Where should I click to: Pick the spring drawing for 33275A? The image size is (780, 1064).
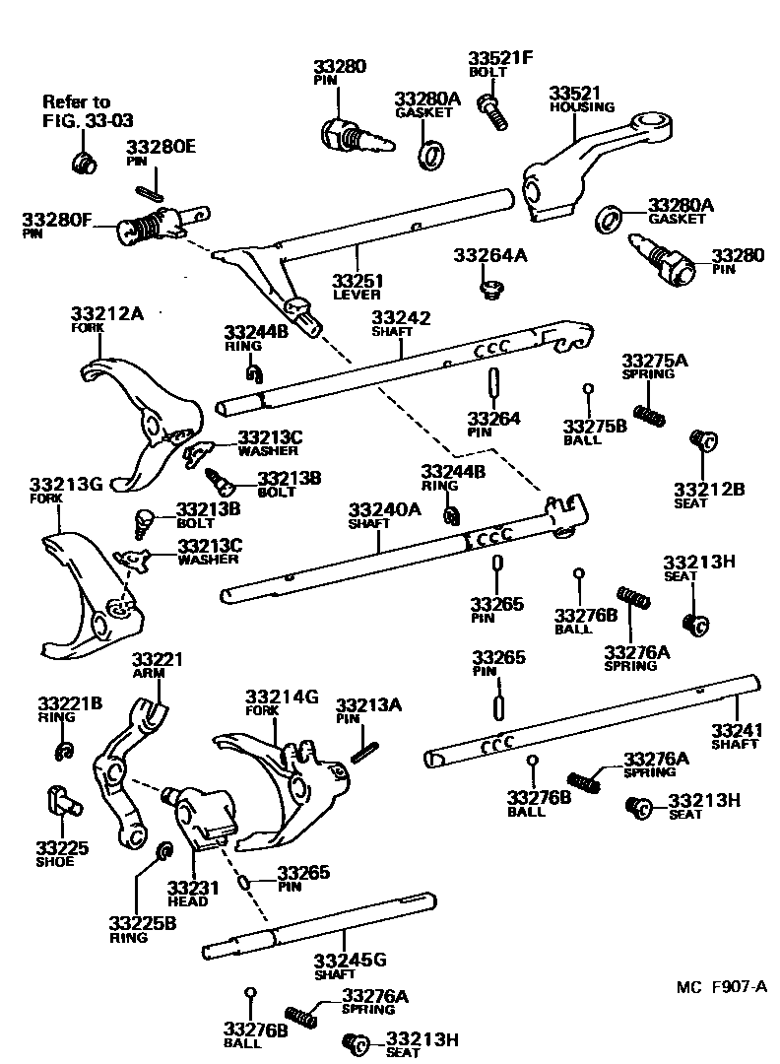tap(648, 415)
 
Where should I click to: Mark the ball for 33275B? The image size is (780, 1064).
tap(589, 390)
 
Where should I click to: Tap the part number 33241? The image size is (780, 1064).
tap(736, 730)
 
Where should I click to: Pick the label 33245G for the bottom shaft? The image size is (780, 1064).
tap(350, 961)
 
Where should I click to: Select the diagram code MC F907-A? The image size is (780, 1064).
tap(720, 987)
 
